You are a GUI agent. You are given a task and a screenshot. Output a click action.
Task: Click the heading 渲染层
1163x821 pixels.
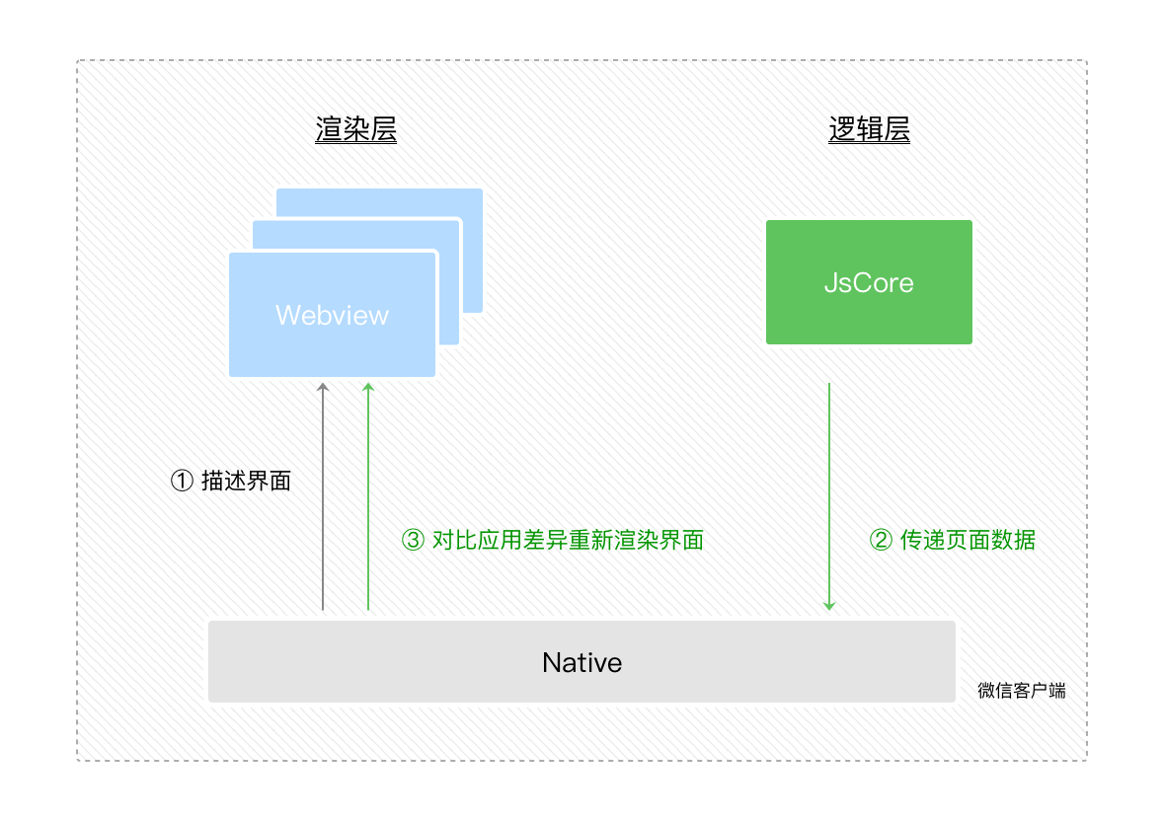click(x=355, y=130)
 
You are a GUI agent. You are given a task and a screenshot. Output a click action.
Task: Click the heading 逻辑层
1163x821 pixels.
click(x=869, y=130)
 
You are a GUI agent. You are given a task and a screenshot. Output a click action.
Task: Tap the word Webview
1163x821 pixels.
click(x=332, y=316)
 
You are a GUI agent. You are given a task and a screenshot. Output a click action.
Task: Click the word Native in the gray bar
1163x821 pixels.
click(x=581, y=662)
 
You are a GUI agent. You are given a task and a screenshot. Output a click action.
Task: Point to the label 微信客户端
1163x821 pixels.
click(x=1021, y=691)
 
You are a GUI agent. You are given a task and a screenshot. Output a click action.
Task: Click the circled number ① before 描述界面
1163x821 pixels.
click(x=182, y=482)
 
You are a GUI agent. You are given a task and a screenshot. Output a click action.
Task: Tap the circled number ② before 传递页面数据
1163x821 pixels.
click(x=880, y=540)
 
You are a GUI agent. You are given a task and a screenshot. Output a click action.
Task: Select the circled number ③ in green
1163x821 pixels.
click(x=413, y=540)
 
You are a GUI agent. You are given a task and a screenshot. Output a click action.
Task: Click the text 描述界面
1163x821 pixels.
click(x=246, y=482)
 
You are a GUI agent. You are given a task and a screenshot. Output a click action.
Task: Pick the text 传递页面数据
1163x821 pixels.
click(x=968, y=540)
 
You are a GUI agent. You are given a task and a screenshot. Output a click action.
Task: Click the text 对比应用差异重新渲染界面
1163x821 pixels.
click(x=568, y=540)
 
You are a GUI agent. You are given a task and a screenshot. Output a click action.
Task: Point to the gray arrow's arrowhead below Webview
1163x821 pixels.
click(x=322, y=389)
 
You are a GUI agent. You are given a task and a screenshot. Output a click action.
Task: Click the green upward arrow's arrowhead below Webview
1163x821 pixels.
click(x=368, y=389)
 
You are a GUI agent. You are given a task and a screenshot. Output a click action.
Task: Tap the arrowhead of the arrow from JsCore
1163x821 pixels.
click(x=829, y=604)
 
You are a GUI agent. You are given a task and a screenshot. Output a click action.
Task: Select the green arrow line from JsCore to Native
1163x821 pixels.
click(x=829, y=493)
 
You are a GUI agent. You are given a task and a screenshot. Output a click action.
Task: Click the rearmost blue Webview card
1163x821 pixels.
click(x=472, y=202)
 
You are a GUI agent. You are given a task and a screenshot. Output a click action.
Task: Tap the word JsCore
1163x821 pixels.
click(x=869, y=283)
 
